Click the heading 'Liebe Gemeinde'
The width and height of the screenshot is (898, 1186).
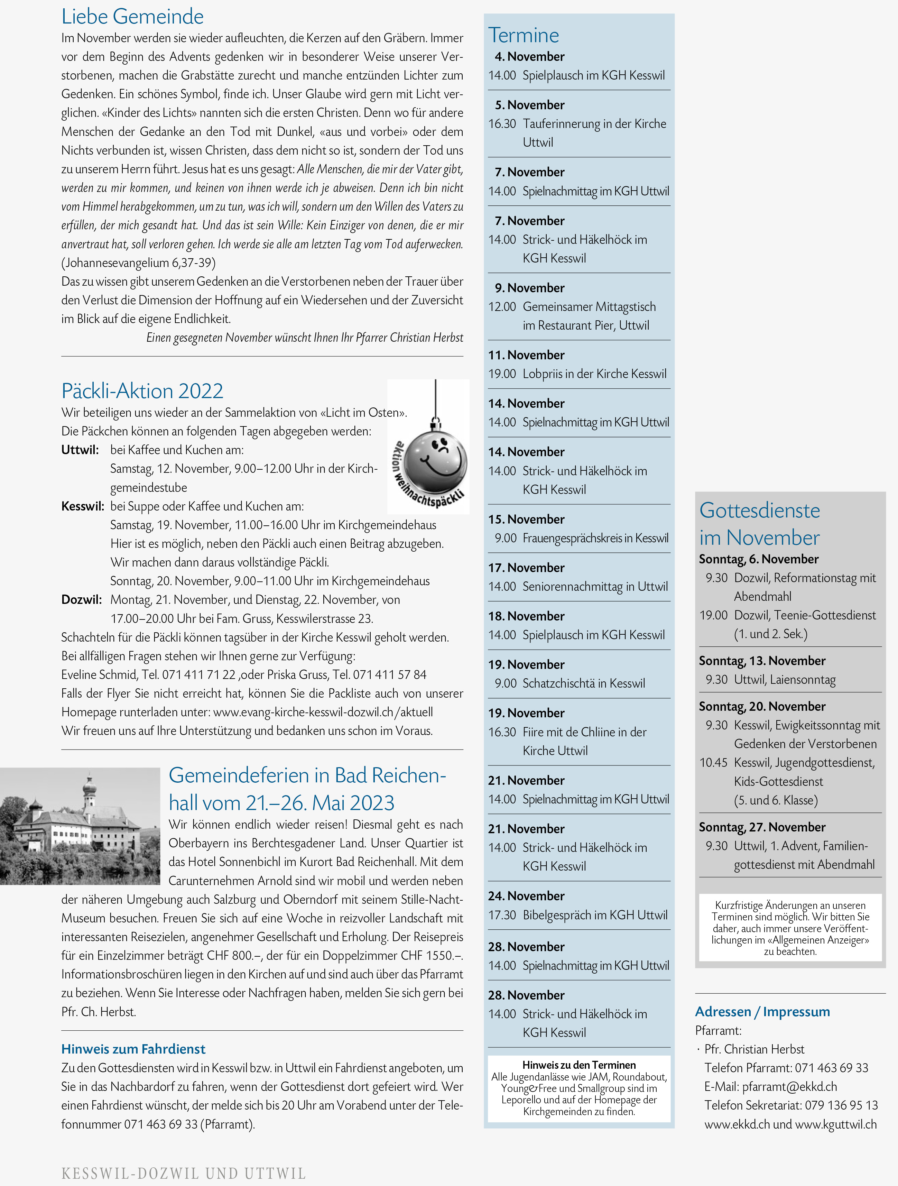132,17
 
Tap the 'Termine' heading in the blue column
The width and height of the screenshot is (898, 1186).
523,35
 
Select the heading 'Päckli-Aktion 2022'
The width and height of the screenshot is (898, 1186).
142,391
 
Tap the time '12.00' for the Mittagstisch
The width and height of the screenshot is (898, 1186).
502,307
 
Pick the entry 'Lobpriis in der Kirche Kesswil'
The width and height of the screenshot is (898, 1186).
594,374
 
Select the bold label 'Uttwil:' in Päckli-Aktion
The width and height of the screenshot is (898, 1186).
80,450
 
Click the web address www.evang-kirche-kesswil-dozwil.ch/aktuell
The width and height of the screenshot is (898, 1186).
323,712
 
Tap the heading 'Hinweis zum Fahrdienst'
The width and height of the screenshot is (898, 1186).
133,1049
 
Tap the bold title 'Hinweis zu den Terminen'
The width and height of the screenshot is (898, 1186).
578,1065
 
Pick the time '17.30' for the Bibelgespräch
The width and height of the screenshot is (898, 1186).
502,915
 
